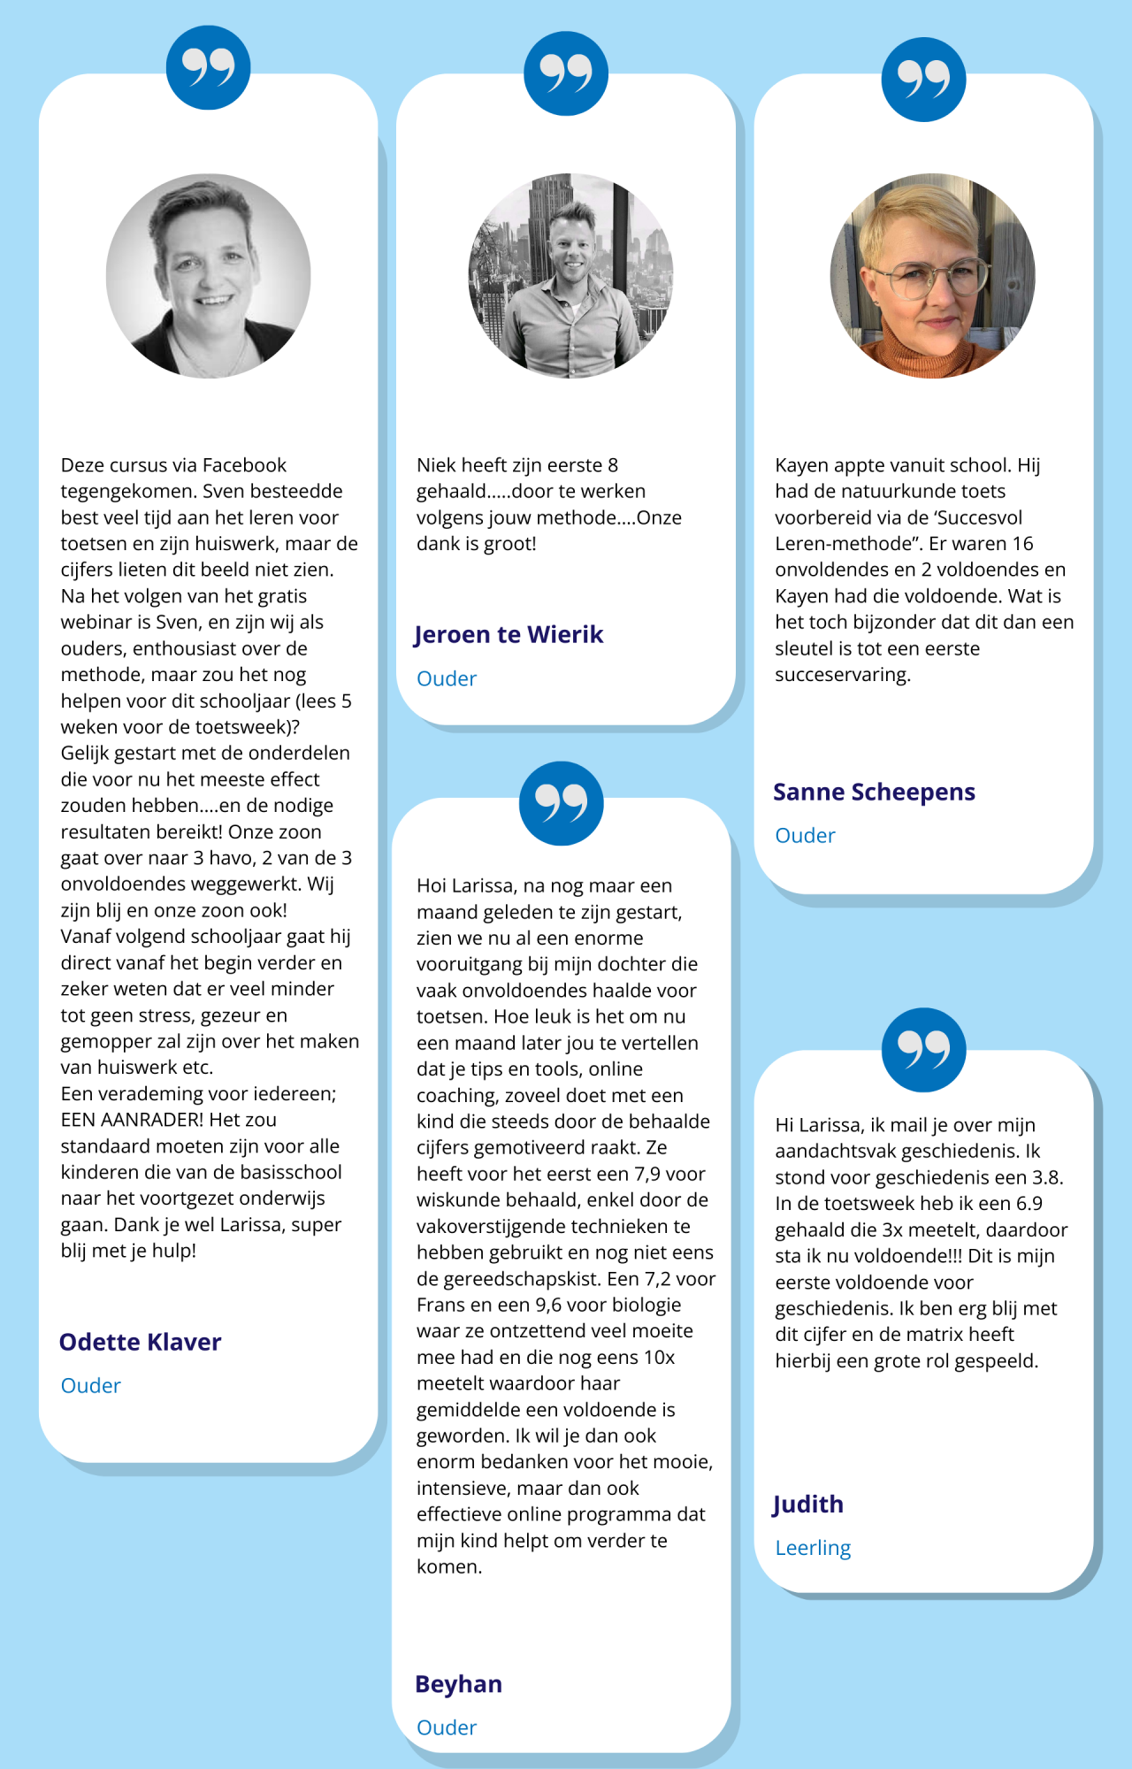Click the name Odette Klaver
pos(140,1342)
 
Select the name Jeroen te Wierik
pos(509,634)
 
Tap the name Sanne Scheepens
pos(874,792)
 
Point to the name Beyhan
pos(458,1684)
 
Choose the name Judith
pos(808,1505)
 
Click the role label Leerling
pos(813,1548)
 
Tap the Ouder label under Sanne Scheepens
pos(805,836)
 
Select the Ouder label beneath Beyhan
pos(447,1727)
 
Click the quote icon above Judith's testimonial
pos(923,1050)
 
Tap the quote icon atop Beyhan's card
pos(562,803)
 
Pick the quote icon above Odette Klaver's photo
pos(209,68)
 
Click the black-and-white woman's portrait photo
pos(209,276)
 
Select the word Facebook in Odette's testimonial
pos(244,465)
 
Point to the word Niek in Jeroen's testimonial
pos(433,465)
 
